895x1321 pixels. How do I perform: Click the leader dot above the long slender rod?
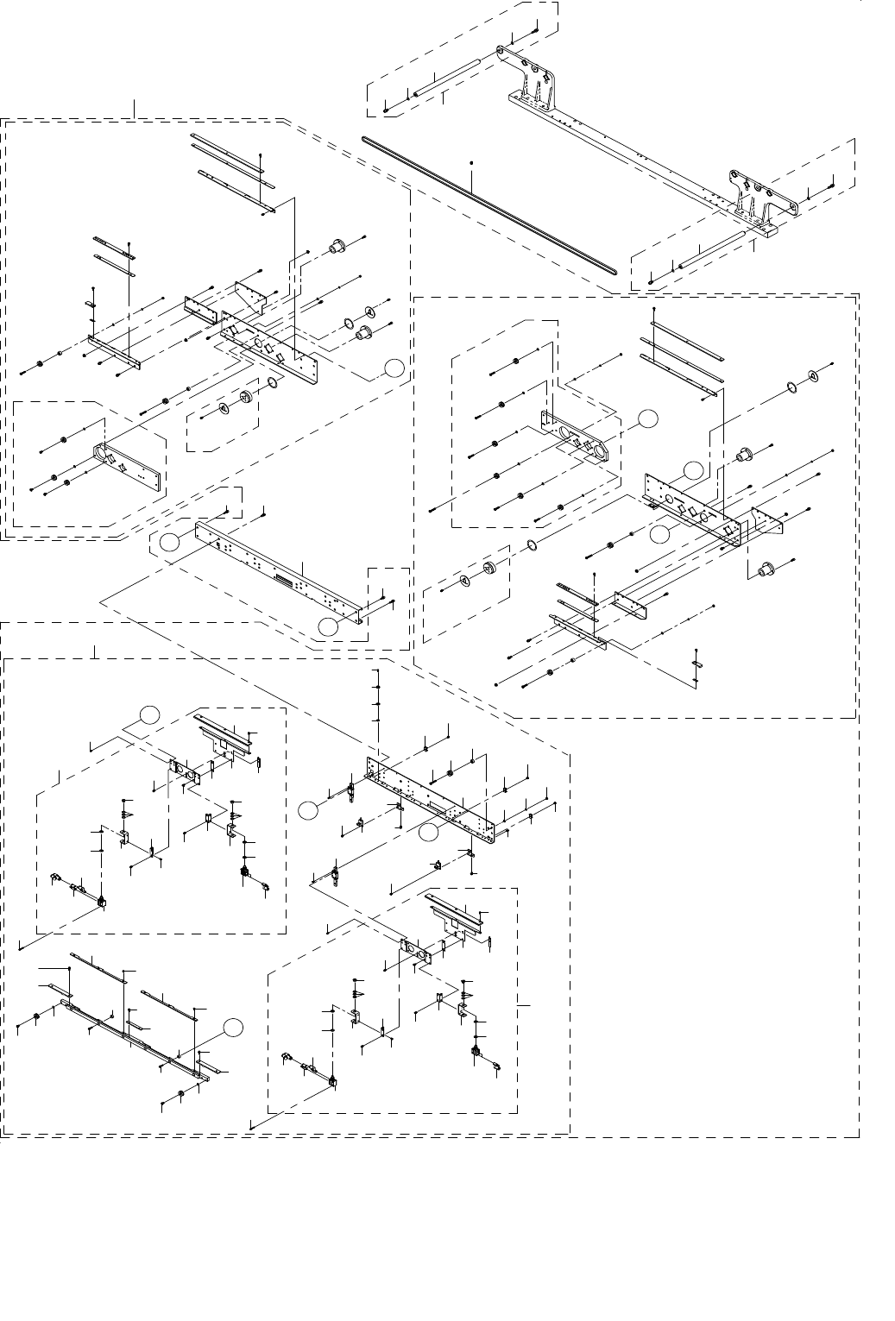472,161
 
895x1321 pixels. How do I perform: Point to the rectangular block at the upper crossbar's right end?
767,229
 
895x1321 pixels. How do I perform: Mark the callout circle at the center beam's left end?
170,541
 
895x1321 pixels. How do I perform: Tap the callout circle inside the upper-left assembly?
393,368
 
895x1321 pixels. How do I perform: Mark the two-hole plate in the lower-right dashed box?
415,951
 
